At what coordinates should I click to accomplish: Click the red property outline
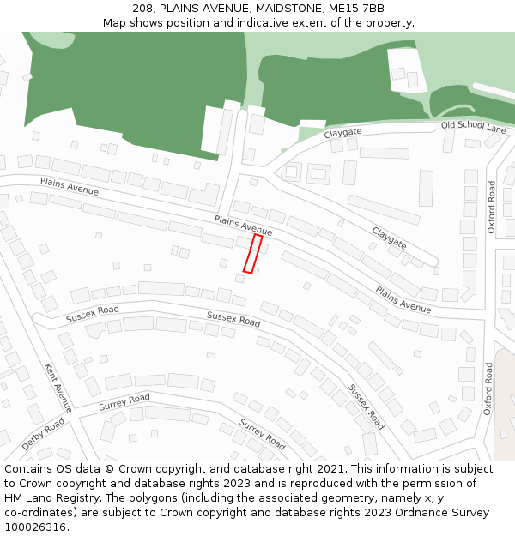252,254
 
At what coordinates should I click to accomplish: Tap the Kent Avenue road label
58,388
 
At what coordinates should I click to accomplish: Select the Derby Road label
43,435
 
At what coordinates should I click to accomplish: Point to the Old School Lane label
474,127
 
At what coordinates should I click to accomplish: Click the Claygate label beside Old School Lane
343,133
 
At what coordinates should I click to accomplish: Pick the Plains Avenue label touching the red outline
243,226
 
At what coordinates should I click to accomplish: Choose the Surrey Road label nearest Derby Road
124,400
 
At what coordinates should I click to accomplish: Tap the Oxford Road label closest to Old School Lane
492,207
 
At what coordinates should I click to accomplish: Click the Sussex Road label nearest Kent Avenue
93,314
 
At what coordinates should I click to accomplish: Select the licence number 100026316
34,527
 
